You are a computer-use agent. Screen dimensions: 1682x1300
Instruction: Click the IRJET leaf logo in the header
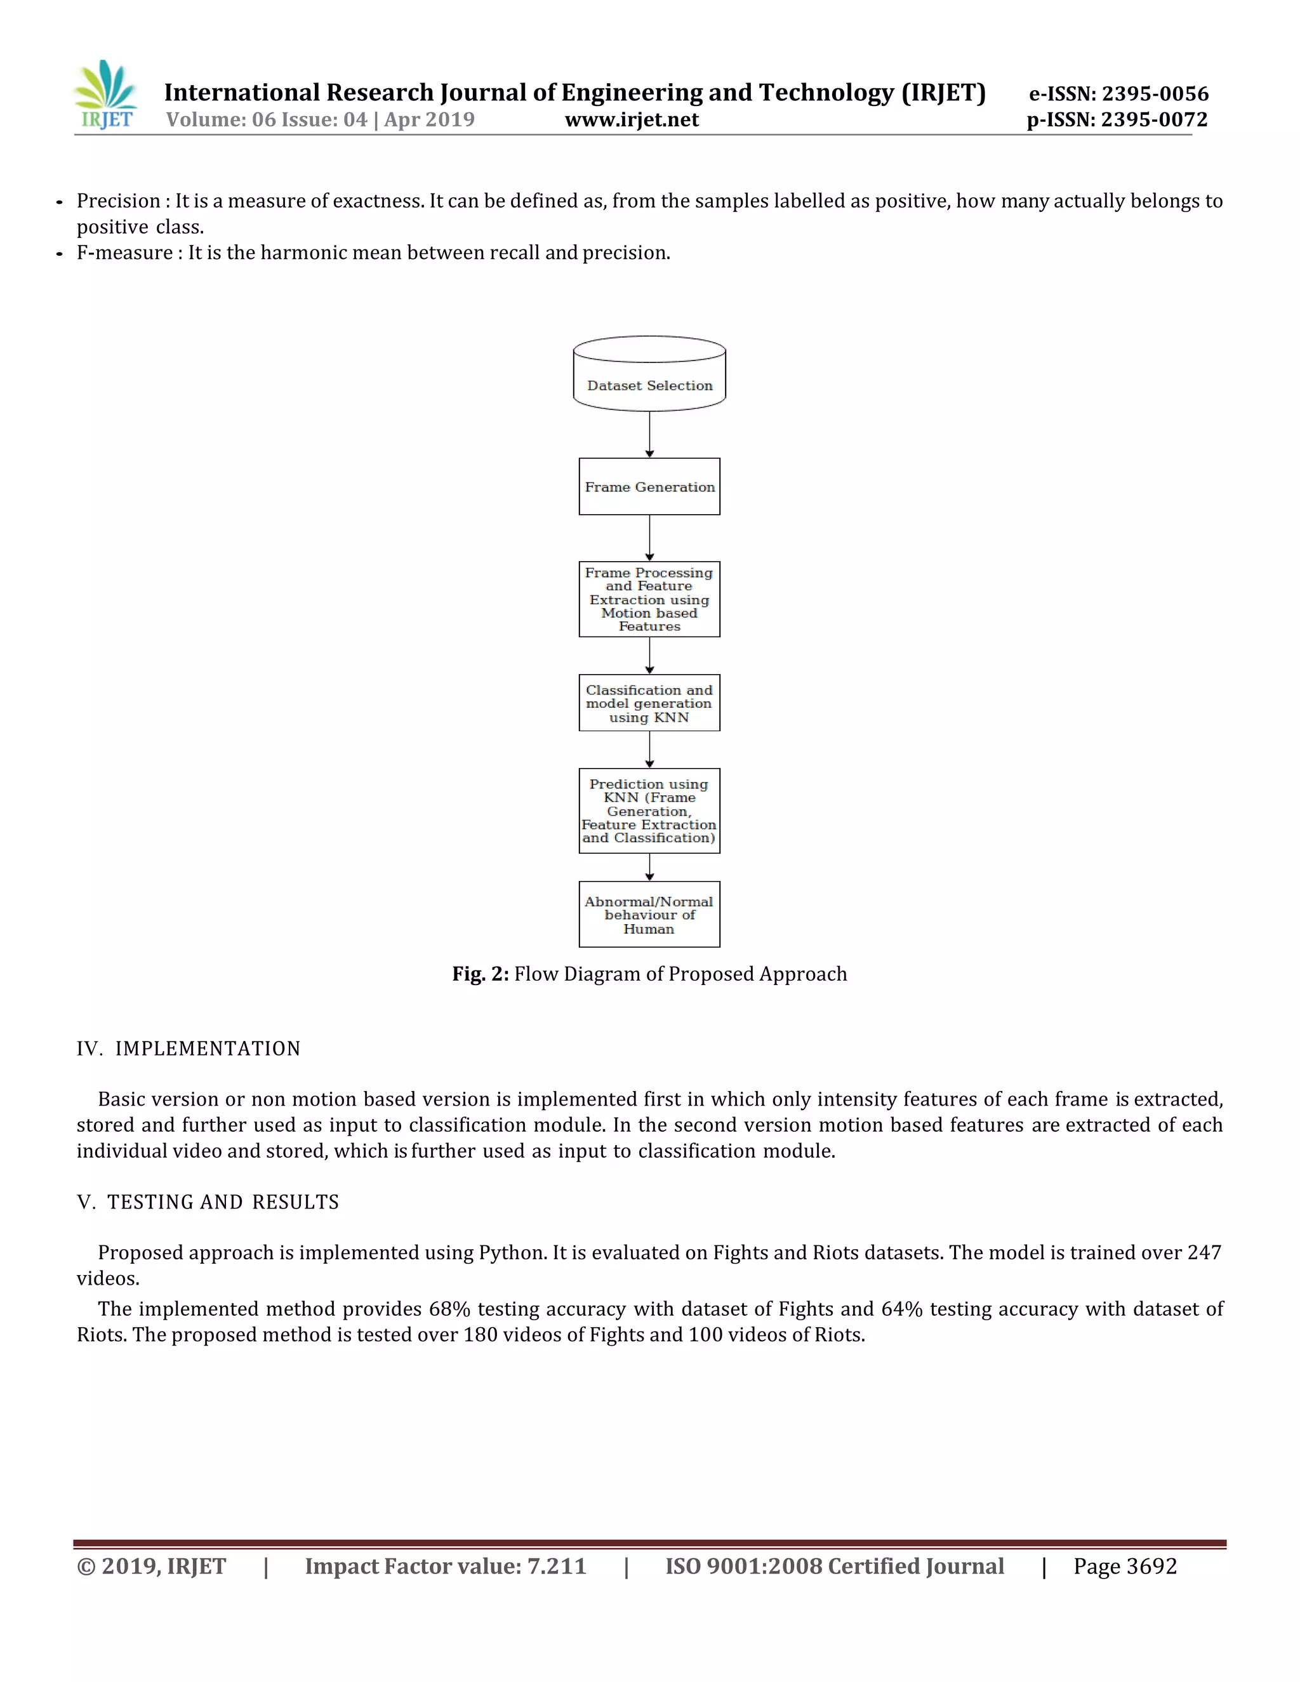click(106, 95)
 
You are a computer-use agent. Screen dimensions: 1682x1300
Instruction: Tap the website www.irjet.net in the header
click(632, 119)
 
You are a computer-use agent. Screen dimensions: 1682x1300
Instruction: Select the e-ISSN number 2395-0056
click(1155, 94)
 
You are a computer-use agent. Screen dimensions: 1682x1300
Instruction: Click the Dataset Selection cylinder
click(649, 375)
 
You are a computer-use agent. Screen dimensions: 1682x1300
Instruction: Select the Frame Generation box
click(649, 487)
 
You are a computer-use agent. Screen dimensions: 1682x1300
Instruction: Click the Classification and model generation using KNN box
click(649, 703)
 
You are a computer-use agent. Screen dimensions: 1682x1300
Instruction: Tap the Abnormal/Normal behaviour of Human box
click(649, 915)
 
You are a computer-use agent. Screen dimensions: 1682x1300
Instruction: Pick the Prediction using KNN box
click(649, 811)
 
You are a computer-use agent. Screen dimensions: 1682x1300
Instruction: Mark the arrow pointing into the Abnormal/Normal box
click(649, 868)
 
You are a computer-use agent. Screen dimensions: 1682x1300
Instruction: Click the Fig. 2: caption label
click(480, 974)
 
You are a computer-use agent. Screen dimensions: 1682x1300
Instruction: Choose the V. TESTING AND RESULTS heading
click(208, 1202)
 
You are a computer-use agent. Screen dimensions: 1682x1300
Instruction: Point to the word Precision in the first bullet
click(118, 201)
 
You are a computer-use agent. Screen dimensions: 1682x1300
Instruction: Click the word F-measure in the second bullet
click(124, 253)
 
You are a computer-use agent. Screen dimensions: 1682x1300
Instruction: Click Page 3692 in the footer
click(1125, 1566)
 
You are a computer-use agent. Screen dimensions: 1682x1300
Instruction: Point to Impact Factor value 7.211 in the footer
click(445, 1566)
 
